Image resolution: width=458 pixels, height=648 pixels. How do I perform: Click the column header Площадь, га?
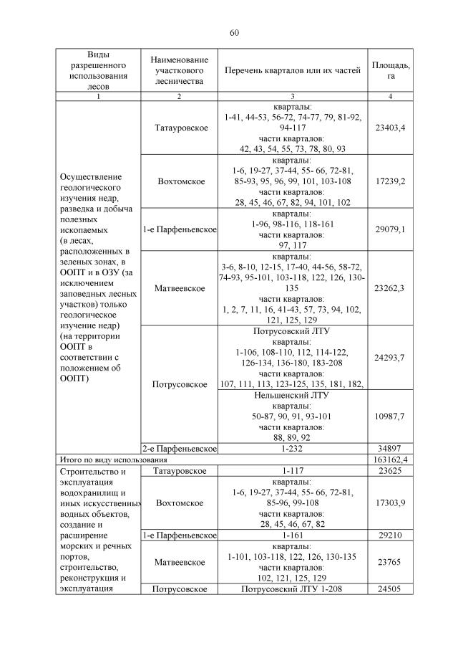coord(391,70)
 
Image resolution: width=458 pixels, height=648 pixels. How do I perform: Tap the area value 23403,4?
coord(391,128)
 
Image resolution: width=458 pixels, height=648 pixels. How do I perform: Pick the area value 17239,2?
coord(391,181)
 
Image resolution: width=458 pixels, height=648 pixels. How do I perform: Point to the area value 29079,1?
coord(391,229)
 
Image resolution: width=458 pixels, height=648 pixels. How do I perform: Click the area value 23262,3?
coord(391,288)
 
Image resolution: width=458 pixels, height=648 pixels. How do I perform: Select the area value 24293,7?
coord(391,357)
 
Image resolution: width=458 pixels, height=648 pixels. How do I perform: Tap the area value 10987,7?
coord(391,416)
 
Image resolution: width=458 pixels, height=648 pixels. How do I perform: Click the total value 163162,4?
coord(391,459)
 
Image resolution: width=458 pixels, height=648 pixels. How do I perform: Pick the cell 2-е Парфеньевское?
coord(179,448)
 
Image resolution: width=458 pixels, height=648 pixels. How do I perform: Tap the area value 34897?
coord(391,448)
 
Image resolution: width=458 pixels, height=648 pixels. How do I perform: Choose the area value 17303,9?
coord(391,503)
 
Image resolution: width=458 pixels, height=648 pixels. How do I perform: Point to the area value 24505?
coord(391,589)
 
